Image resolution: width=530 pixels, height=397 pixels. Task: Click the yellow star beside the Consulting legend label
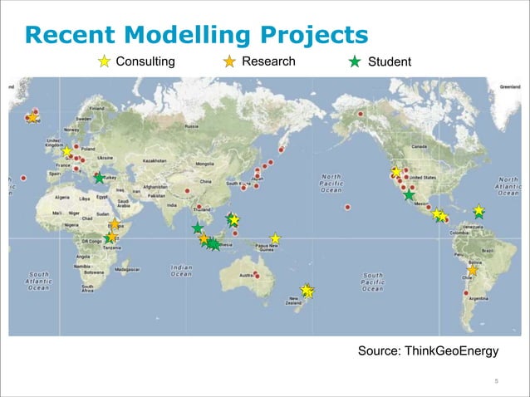pos(105,61)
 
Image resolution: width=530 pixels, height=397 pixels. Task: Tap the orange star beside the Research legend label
pos(229,61)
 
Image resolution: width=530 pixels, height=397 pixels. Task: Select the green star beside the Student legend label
pos(354,61)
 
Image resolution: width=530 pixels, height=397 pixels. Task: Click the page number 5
pos(496,381)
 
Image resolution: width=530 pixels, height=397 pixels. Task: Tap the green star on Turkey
pos(100,178)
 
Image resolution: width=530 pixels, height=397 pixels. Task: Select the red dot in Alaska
pos(361,113)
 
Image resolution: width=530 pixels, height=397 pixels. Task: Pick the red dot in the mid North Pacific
pos(348,207)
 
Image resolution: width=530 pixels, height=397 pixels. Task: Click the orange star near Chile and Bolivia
pos(473,271)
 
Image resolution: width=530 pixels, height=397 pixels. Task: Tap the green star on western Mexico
pos(409,195)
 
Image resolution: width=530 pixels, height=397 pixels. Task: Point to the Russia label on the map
pos(191,126)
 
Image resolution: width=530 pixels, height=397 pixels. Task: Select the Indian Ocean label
pos(182,272)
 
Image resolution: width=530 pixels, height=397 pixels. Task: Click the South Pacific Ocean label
pos(372,282)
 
